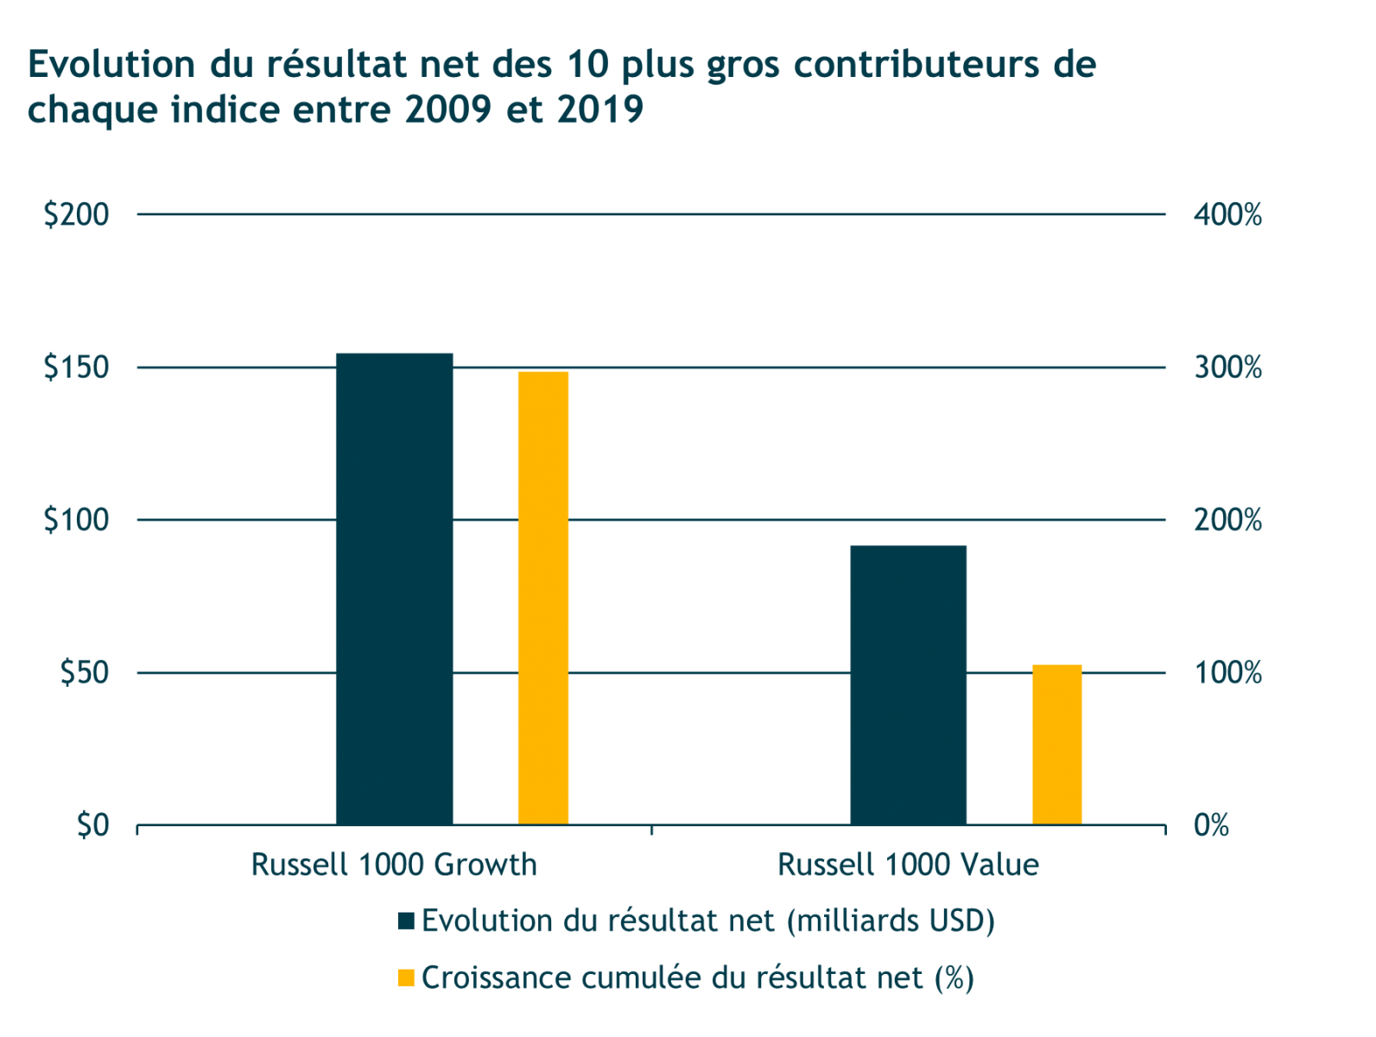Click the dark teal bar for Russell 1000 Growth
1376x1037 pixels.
[x=394, y=588]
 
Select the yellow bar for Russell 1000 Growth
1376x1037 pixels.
[x=542, y=597]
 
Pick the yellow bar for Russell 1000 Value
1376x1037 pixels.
[x=1057, y=744]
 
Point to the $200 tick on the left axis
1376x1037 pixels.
[x=77, y=214]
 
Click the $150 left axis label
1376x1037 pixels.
[x=77, y=367]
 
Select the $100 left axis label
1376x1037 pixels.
[x=77, y=520]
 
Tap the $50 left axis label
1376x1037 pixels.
[x=85, y=672]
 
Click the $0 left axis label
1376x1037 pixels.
[x=92, y=825]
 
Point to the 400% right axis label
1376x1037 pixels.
[x=1227, y=214]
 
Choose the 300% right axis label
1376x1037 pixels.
[x=1227, y=367]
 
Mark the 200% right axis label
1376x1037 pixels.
[x=1227, y=520]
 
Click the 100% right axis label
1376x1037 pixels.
[x=1227, y=672]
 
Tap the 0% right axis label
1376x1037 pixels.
[x=1211, y=825]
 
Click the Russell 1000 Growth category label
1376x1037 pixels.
[x=394, y=864]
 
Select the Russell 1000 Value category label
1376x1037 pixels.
[x=908, y=864]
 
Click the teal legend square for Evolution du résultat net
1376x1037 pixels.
[x=406, y=921]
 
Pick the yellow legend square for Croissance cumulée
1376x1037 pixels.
[x=406, y=978]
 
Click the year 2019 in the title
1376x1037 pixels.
[x=600, y=110]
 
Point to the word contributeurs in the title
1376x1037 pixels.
[x=916, y=65]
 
